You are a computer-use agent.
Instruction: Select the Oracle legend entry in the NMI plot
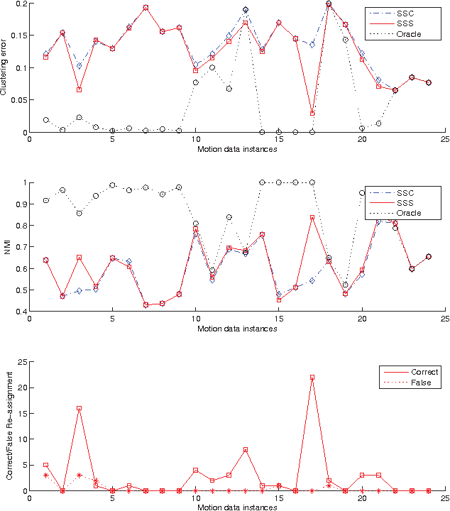410,213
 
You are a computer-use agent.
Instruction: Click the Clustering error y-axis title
5,68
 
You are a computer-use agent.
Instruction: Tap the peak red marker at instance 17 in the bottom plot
312,377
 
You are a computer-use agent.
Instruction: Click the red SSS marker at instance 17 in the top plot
312,114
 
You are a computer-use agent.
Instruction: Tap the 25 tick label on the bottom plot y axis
21,362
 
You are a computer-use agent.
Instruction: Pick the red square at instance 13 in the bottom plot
246,449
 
